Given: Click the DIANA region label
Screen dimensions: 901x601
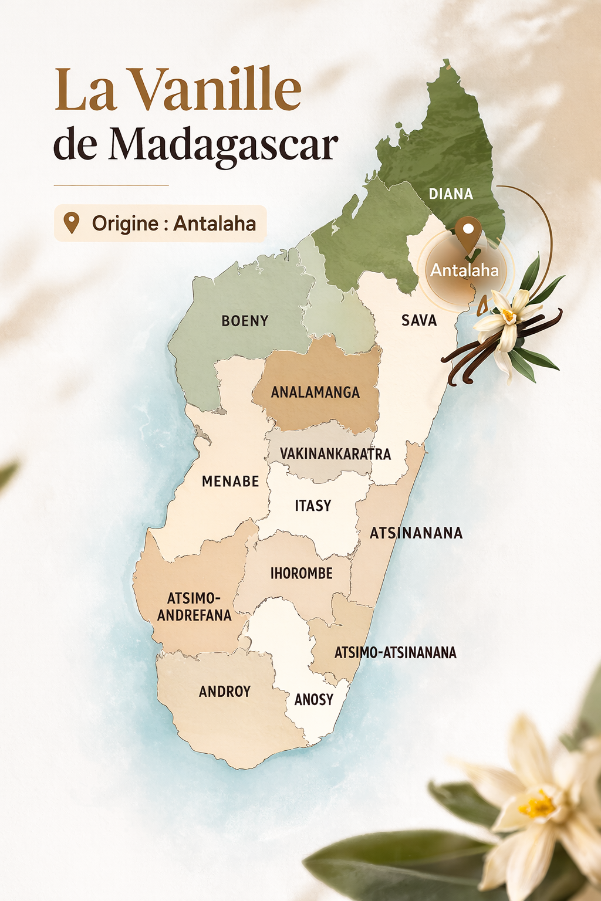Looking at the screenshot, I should (451, 194).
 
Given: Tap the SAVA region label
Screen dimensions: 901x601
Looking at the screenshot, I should (419, 320).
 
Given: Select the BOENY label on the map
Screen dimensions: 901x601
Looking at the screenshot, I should (245, 321).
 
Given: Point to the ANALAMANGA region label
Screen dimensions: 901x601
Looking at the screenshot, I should (315, 392).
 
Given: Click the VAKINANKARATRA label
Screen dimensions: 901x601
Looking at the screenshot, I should (335, 454).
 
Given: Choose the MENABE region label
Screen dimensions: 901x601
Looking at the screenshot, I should (230, 482).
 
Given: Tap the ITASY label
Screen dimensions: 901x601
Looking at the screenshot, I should (313, 506).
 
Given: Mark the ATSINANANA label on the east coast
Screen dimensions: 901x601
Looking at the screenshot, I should (416, 533).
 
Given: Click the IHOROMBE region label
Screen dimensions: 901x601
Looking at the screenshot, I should (301, 574).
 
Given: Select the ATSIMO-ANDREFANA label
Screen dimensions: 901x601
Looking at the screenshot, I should (194, 607).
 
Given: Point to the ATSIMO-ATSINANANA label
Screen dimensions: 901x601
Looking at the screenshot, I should (395, 653).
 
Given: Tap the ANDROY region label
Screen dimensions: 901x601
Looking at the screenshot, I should (225, 692).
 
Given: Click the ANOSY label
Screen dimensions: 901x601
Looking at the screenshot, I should (314, 700).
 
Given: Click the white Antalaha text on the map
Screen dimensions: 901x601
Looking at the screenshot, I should (464, 270).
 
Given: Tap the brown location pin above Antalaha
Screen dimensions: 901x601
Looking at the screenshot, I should (468, 232).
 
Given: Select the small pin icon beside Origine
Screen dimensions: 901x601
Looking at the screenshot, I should (72, 223).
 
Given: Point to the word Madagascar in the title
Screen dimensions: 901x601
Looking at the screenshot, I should (223, 144).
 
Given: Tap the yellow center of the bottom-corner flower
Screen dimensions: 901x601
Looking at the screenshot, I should (536, 805).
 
